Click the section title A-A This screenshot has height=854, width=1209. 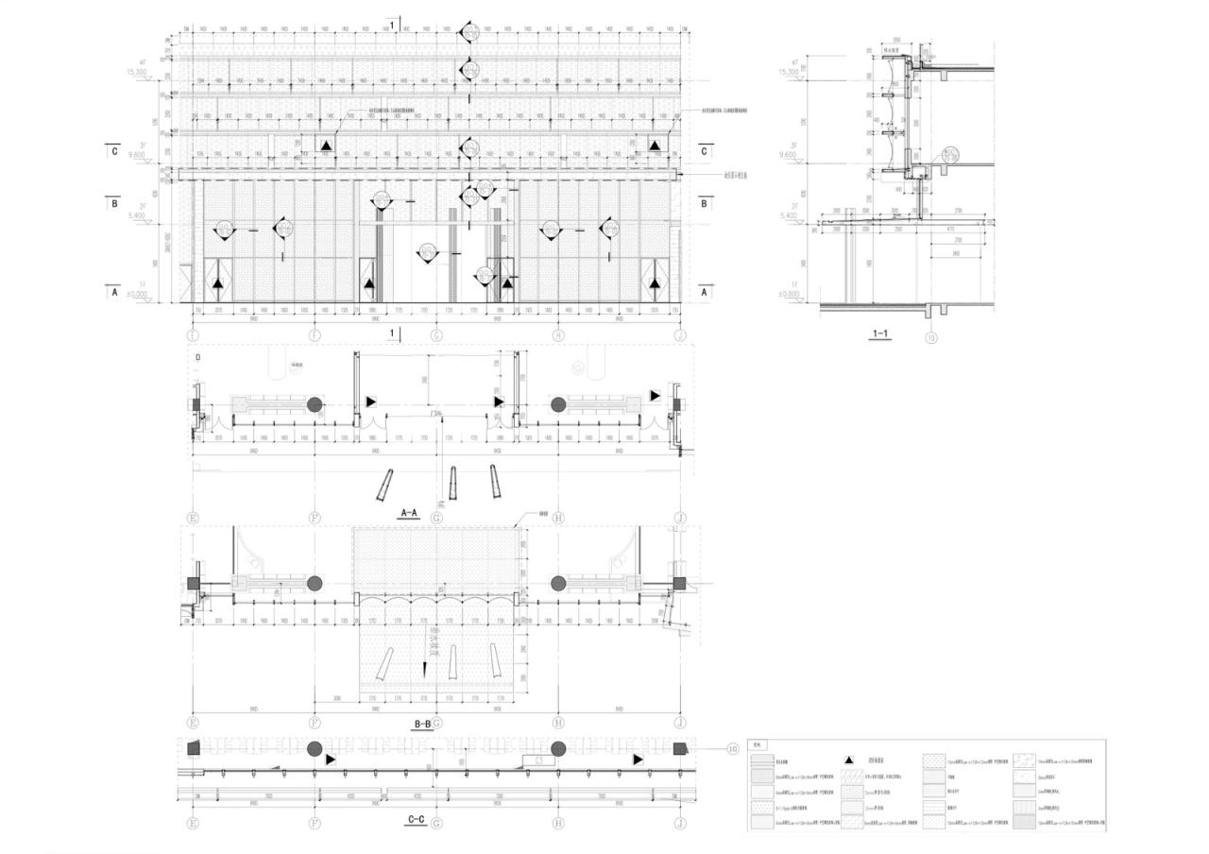(409, 513)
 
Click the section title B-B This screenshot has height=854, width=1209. (422, 725)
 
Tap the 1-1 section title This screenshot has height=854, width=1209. (879, 333)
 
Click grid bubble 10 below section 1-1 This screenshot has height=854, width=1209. (931, 337)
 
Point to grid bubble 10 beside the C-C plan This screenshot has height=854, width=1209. (732, 748)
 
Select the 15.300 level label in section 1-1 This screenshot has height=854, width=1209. (788, 72)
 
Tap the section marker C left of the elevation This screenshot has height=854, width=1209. (114, 151)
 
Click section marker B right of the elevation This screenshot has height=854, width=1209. (704, 202)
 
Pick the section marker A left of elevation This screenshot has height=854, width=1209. (114, 293)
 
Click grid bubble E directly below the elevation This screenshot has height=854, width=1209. (193, 334)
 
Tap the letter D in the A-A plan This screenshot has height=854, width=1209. (197, 358)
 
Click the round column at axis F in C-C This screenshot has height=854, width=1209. (315, 749)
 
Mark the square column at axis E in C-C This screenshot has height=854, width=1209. (194, 748)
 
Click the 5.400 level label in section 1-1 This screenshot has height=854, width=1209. (788, 215)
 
